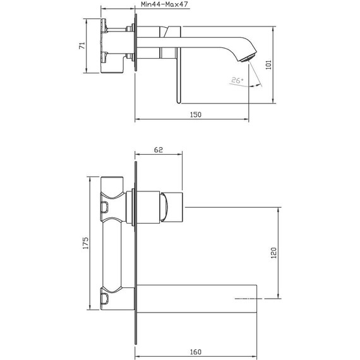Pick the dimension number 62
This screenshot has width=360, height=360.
pos(158,150)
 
